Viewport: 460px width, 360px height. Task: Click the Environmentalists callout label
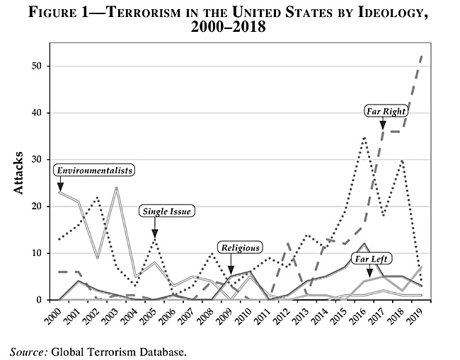point(95,170)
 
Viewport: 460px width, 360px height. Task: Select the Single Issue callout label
point(167,211)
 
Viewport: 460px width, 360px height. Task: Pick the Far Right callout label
point(386,111)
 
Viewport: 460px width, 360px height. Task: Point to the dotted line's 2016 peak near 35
point(364,137)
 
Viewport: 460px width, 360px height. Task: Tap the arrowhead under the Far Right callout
point(383,127)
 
